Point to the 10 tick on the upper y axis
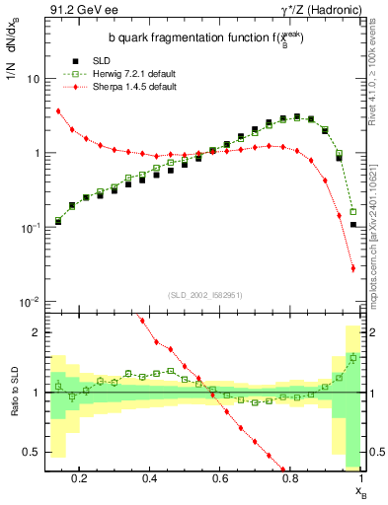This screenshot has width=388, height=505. pos(34,78)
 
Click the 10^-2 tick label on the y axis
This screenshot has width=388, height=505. pos(30,302)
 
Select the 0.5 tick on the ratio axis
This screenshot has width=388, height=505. pos(32,452)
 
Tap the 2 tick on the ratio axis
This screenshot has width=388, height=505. pos(36,332)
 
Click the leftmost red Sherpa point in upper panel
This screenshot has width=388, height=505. pos(58,111)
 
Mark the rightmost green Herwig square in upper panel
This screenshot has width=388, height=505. pos(353,212)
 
